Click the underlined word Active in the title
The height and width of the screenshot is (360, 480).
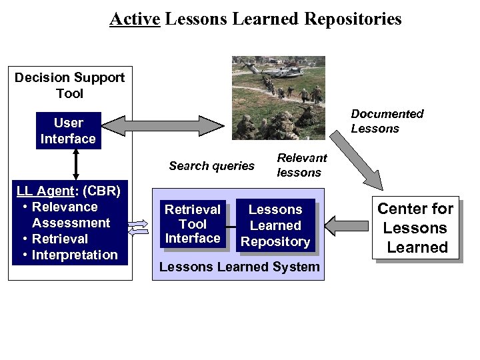(135, 19)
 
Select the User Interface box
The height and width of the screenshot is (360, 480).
(68, 131)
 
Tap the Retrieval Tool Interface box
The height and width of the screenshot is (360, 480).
(193, 224)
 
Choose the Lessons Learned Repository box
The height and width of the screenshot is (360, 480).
(275, 226)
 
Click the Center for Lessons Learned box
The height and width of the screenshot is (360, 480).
(415, 228)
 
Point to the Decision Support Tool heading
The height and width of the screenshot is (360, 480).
(69, 85)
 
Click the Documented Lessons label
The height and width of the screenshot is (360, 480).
(387, 121)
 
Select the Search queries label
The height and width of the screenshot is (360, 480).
(211, 166)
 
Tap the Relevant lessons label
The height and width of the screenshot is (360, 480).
(301, 165)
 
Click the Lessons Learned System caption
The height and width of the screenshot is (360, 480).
(239, 267)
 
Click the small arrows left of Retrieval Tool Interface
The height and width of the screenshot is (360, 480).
(139, 227)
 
